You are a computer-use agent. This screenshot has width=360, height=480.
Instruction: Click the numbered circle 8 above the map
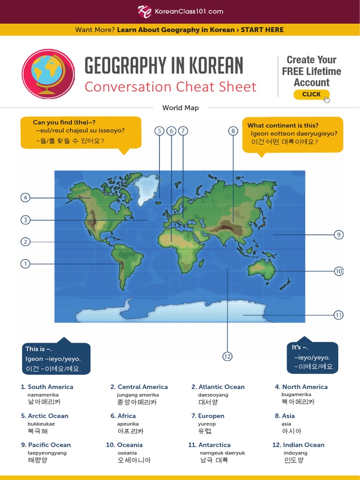[233, 131]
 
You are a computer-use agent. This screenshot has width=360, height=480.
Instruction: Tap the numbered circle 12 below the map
[227, 357]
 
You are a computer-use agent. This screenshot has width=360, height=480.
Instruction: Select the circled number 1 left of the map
[25, 264]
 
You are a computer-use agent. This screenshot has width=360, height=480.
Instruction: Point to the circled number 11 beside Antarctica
[338, 315]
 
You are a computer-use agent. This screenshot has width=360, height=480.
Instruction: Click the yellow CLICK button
[311, 94]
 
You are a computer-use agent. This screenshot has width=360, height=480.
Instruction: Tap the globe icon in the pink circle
[48, 74]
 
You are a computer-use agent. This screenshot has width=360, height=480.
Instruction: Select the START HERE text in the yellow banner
[262, 30]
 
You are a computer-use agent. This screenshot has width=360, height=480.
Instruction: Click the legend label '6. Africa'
[123, 416]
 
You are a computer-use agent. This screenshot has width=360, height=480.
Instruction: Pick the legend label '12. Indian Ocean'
[298, 445]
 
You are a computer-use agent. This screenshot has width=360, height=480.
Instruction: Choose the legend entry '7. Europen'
[208, 416]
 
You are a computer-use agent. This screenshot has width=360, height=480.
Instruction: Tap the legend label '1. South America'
[47, 387]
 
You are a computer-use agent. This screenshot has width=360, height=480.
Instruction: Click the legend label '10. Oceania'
[124, 445]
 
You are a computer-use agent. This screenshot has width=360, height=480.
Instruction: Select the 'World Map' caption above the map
[180, 108]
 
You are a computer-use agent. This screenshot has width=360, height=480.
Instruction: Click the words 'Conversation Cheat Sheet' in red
[170, 87]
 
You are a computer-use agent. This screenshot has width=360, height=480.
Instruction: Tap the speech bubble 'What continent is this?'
[292, 134]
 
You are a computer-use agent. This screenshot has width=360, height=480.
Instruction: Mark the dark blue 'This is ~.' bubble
[56, 359]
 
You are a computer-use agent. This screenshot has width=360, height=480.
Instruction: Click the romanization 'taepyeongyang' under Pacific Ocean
[47, 453]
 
